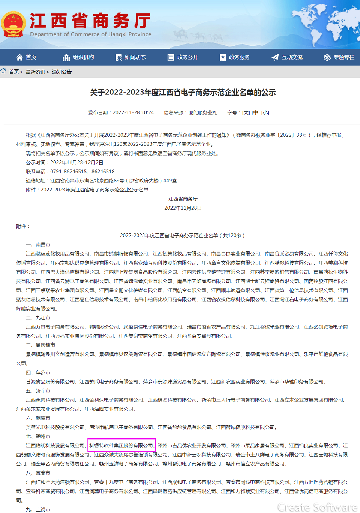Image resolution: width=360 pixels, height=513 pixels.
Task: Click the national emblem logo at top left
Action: pos(13,24)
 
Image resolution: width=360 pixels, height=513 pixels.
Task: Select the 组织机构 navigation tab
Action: pos(78,57)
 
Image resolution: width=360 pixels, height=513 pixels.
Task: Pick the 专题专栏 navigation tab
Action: pos(339,57)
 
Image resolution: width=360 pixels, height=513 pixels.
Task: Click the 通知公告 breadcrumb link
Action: pos(62,72)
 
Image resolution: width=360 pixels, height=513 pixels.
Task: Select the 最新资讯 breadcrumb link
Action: pos(35,72)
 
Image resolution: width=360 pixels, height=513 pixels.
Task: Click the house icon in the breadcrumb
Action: pos(3,71)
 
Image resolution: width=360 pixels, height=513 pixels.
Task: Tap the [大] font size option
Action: pos(246,112)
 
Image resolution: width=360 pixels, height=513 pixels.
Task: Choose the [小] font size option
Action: pos(265,112)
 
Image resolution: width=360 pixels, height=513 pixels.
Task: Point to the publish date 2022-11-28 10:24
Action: pos(133,112)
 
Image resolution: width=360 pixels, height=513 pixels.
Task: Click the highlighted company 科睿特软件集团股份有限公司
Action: pos(121,446)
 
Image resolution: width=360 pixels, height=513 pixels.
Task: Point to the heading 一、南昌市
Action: pos(38,245)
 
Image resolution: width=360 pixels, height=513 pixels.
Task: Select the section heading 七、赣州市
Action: pos(38,437)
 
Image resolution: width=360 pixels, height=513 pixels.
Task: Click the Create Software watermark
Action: pos(317,507)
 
